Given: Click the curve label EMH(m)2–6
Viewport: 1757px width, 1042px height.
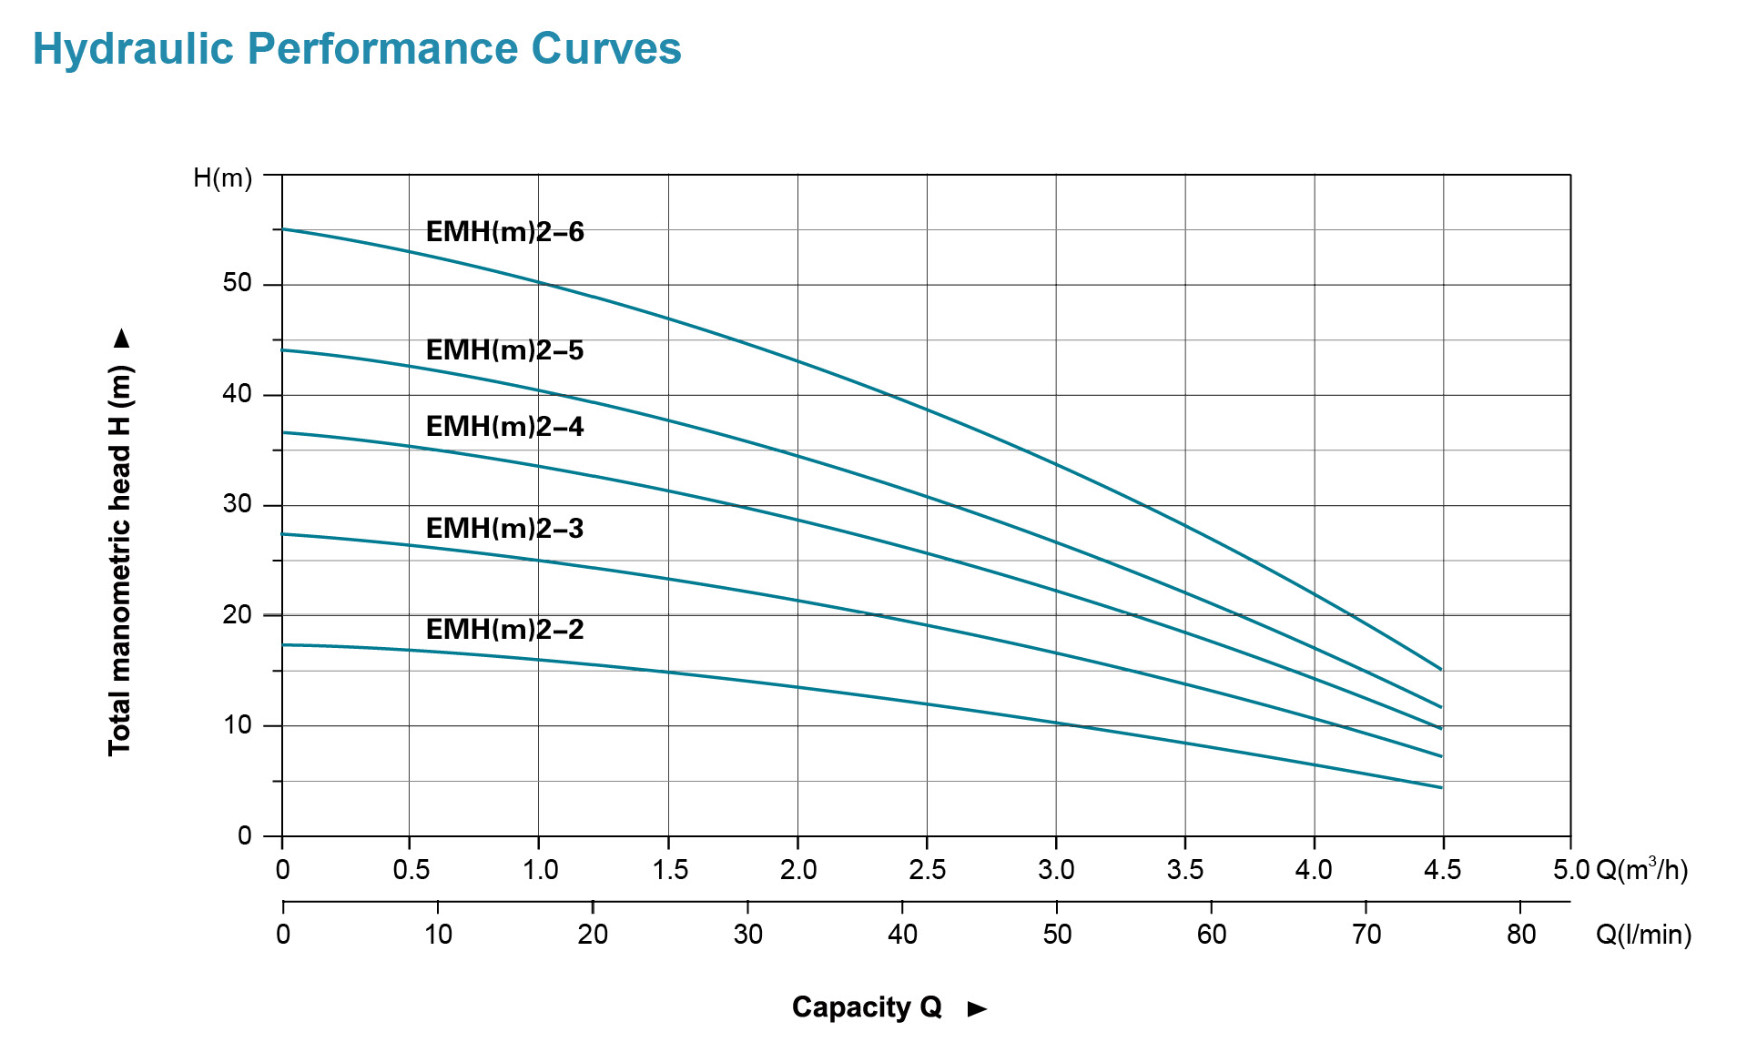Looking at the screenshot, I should pyautogui.click(x=504, y=232).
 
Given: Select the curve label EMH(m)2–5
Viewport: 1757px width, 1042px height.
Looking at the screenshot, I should pyautogui.click(x=504, y=350).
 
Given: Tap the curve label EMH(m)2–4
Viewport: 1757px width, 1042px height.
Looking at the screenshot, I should pyautogui.click(x=504, y=427).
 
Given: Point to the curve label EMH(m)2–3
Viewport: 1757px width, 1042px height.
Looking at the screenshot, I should pyautogui.click(x=504, y=529).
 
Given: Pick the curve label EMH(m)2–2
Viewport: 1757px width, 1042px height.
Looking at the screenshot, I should pyautogui.click(x=504, y=630).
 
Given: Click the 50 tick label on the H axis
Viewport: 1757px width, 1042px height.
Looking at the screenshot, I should pyautogui.click(x=237, y=283).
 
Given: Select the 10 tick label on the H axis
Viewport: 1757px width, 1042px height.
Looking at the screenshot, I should pyautogui.click(x=237, y=725).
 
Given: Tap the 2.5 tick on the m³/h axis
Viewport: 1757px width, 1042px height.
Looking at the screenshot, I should pyautogui.click(x=927, y=870).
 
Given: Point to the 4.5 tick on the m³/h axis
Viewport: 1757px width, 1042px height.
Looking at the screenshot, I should pyautogui.click(x=1442, y=870).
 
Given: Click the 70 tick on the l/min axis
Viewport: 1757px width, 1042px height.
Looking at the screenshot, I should pyautogui.click(x=1366, y=935).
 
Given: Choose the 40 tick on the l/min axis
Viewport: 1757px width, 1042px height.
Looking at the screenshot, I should pyautogui.click(x=902, y=935).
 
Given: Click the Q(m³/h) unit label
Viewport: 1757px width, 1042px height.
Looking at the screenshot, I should pyautogui.click(x=1641, y=869).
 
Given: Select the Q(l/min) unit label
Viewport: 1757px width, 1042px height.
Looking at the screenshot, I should pyautogui.click(x=1643, y=935).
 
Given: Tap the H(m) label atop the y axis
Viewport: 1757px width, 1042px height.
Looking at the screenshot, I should pyautogui.click(x=222, y=177).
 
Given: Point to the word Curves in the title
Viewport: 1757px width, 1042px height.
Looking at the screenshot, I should pyautogui.click(x=605, y=49).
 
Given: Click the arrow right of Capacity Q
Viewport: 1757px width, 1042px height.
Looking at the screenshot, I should pyautogui.click(x=977, y=1008).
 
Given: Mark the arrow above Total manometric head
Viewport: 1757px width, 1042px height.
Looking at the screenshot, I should pyautogui.click(x=122, y=339).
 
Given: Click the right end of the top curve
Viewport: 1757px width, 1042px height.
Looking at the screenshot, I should pyautogui.click(x=1440, y=669).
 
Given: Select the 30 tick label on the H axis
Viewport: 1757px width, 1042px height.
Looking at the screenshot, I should pyautogui.click(x=237, y=504).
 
